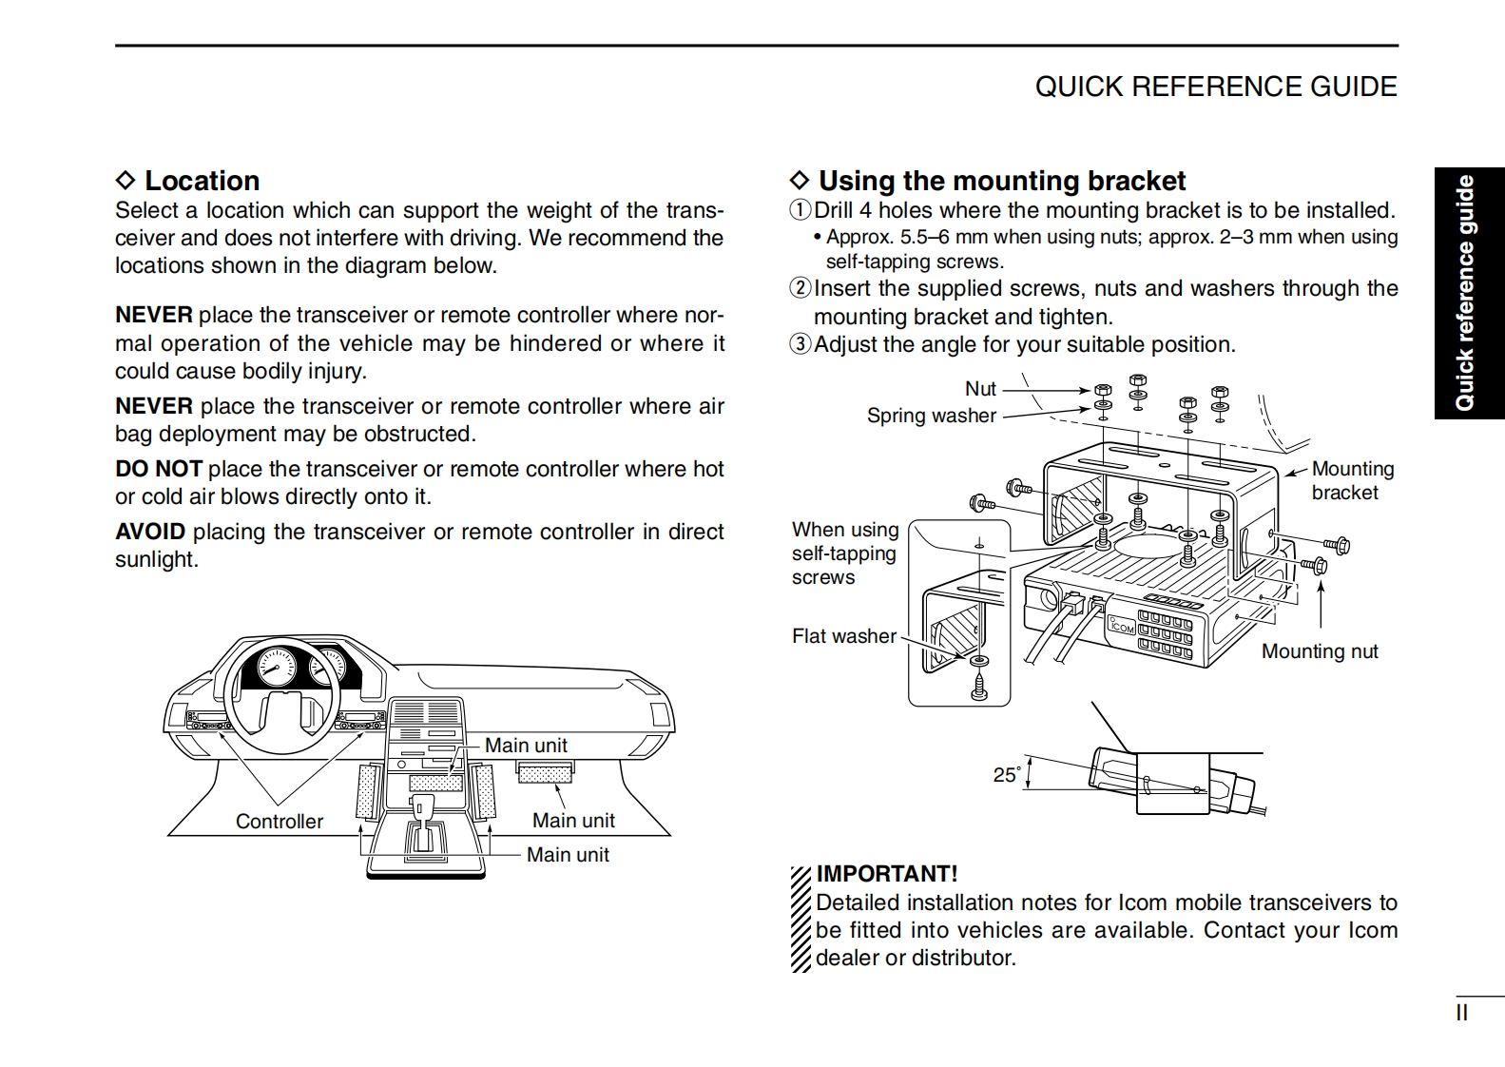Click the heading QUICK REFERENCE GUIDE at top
point(1215,87)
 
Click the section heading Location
point(201,181)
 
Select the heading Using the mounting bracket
point(1001,181)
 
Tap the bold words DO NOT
point(158,469)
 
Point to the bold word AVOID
point(149,532)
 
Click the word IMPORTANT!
point(886,873)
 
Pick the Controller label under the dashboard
point(279,822)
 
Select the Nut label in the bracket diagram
point(980,389)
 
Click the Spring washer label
point(931,416)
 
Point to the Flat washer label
point(843,636)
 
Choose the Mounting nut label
point(1319,651)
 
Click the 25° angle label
point(1006,775)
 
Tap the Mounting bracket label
point(1351,480)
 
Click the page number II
point(1461,1013)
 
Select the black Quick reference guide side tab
point(1468,293)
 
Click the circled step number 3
point(801,344)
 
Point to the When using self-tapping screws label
point(844,553)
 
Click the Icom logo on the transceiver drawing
point(1122,627)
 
